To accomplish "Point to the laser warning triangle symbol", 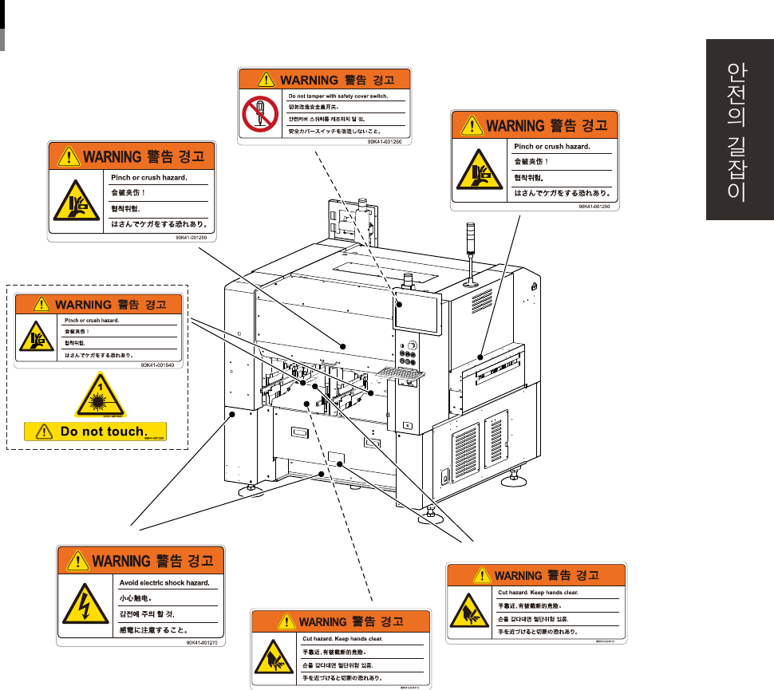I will point(100,396).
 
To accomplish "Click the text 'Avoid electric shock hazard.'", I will point(164,583).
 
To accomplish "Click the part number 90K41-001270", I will point(202,641).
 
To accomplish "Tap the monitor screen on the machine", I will point(417,314).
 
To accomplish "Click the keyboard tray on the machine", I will point(397,373).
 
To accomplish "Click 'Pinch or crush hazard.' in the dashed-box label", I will point(92,320).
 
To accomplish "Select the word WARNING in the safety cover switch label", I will point(308,79).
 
